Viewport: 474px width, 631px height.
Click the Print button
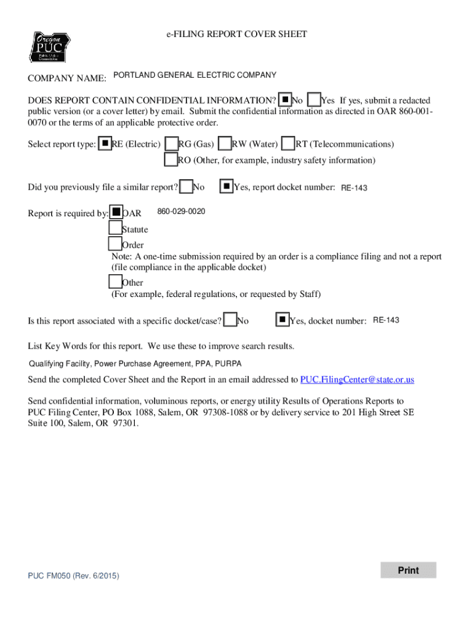(408, 570)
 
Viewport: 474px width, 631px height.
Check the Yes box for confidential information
(313, 100)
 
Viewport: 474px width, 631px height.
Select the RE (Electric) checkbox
(105, 144)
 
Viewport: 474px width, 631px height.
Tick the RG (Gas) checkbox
(172, 144)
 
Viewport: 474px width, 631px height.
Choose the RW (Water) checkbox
(225, 144)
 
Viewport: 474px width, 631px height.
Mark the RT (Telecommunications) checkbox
(288, 144)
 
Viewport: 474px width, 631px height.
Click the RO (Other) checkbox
(171, 160)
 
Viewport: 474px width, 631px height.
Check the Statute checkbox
(115, 229)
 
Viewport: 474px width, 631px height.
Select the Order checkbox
(115, 245)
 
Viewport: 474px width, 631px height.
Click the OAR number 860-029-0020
(181, 212)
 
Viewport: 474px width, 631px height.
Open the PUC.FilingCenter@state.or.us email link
(357, 379)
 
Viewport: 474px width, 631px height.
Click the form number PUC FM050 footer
(73, 576)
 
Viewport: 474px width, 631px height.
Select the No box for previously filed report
(186, 186)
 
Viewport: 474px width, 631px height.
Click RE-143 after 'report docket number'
(354, 188)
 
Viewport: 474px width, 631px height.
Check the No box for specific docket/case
(230, 320)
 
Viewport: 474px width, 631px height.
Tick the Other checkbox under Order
(115, 282)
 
